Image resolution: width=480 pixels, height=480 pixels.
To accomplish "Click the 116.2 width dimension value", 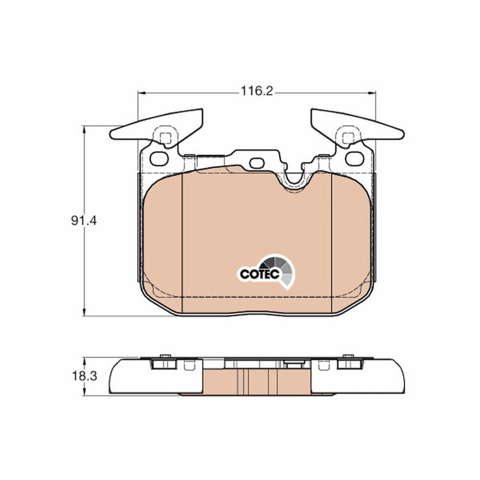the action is click(257, 91).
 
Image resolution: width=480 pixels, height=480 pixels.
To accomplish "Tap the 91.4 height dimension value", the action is click(83, 220).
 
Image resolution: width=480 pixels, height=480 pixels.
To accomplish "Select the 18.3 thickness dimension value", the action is click(84, 376).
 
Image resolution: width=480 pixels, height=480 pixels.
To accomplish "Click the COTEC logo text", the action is click(259, 274).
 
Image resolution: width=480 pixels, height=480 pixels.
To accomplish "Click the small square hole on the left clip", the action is click(166, 139).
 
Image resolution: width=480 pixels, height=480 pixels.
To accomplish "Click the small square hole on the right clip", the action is click(348, 139).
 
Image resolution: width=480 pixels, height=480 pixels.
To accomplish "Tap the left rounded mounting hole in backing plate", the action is click(159, 158).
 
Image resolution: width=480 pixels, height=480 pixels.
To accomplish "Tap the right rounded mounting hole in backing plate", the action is click(355, 158).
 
